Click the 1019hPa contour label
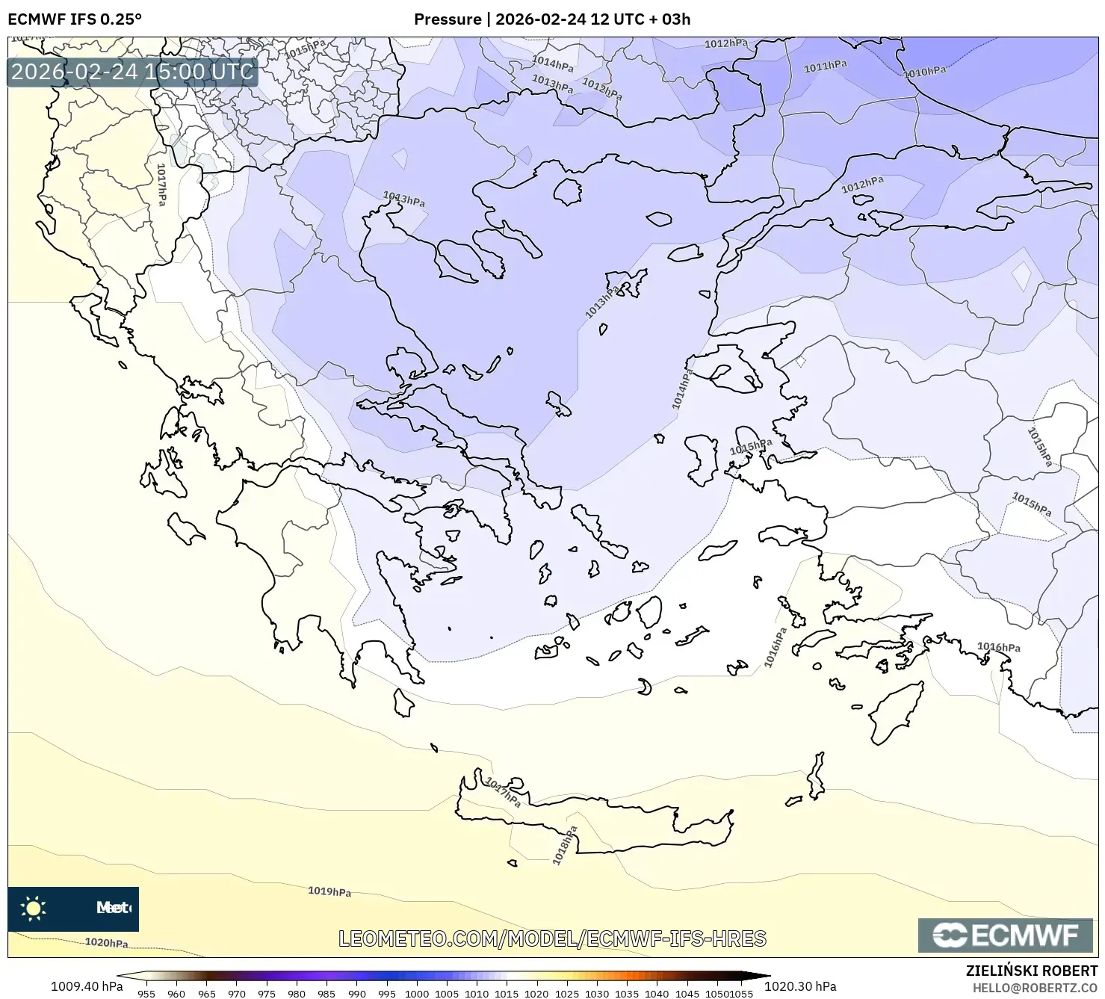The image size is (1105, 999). click(329, 891)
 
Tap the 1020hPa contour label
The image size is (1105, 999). click(106, 942)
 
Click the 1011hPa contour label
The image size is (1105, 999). click(825, 67)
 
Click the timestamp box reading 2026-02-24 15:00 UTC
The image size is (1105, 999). click(132, 72)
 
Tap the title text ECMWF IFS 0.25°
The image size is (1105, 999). click(75, 19)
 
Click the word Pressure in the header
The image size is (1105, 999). click(448, 19)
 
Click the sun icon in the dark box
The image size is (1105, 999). click(34, 909)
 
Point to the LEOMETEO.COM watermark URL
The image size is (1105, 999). click(552, 938)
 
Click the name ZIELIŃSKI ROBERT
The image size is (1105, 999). click(1032, 971)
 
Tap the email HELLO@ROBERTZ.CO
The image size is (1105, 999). click(1036, 987)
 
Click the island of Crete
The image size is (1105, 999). click(598, 822)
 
